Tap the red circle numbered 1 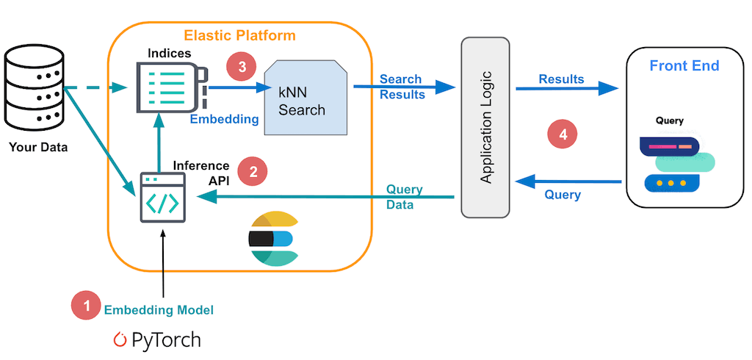(86, 306)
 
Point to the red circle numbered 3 (242, 66)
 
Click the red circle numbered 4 (563, 134)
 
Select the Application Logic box (485, 127)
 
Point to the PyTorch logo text (157, 340)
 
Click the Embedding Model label (159, 310)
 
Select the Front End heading (684, 66)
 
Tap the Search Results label (402, 87)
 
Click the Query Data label (404, 197)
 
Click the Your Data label (38, 147)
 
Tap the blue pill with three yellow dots (671, 182)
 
